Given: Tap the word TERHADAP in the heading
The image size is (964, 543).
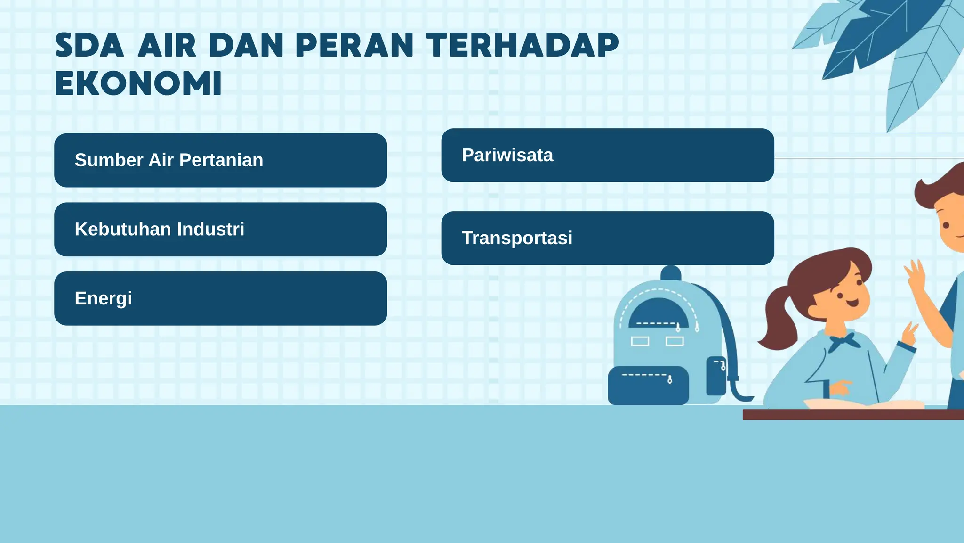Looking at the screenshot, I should [x=522, y=46].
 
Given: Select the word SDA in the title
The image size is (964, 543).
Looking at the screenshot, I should [x=89, y=46].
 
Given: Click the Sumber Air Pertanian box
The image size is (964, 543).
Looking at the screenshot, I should [x=220, y=160].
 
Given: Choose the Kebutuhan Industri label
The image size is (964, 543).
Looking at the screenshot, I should [x=159, y=229].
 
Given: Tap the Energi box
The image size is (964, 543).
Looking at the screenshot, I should [x=220, y=298].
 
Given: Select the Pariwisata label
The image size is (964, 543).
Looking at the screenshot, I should [x=507, y=155].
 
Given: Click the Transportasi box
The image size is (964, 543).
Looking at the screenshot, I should [x=607, y=238].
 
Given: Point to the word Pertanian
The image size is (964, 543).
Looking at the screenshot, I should [x=221, y=160].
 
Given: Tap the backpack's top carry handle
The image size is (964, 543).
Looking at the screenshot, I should [x=671, y=272].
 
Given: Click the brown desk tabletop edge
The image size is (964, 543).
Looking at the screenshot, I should [x=852, y=414].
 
